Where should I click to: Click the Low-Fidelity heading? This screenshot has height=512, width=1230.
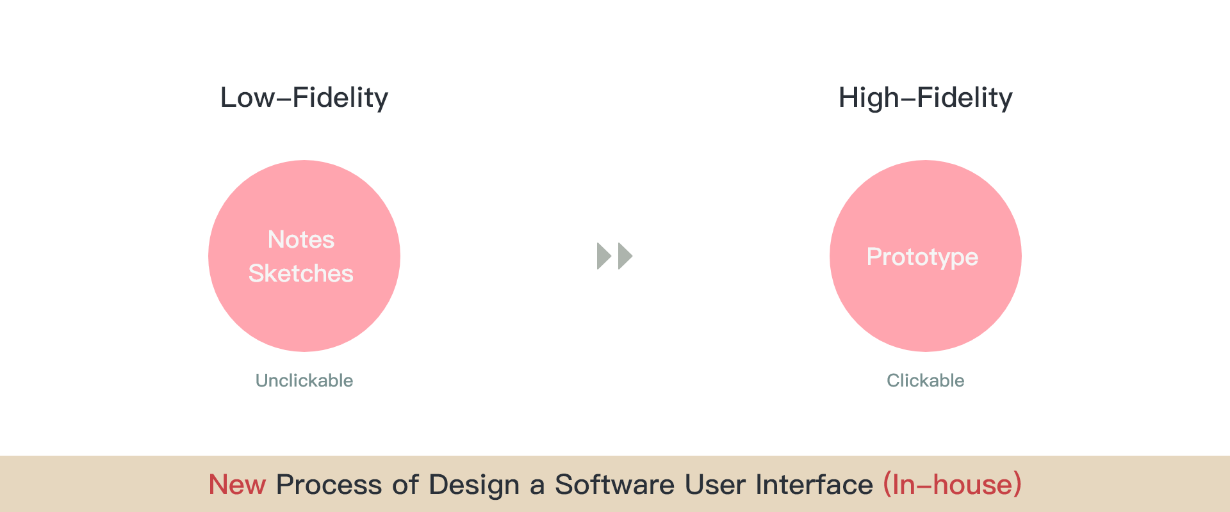pyautogui.click(x=304, y=98)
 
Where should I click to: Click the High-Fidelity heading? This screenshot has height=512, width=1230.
pyautogui.click(x=926, y=98)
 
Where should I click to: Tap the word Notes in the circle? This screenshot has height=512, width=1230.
pyautogui.click(x=301, y=239)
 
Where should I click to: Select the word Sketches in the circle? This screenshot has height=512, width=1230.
pyautogui.click(x=301, y=273)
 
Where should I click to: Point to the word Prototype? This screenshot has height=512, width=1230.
pyautogui.click(x=922, y=257)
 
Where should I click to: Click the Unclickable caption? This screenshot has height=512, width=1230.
pyautogui.click(x=304, y=380)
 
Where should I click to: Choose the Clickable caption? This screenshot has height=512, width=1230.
pyautogui.click(x=926, y=380)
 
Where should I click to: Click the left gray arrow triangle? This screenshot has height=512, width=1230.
pyautogui.click(x=603, y=256)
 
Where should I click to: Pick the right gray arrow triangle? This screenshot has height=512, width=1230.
pyautogui.click(x=625, y=256)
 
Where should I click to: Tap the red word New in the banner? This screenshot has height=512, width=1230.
pyautogui.click(x=237, y=484)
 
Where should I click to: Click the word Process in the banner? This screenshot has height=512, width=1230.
pyautogui.click(x=329, y=484)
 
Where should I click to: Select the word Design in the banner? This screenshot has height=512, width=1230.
pyautogui.click(x=474, y=485)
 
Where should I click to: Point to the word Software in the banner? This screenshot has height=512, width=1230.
pyautogui.click(x=614, y=484)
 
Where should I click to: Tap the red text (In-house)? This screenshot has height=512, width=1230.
pyautogui.click(x=953, y=484)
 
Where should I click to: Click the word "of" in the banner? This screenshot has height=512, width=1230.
pyautogui.click(x=406, y=484)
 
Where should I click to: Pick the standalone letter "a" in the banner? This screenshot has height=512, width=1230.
pyautogui.click(x=537, y=487)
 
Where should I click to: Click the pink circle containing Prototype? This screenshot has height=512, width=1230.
pyautogui.click(x=926, y=256)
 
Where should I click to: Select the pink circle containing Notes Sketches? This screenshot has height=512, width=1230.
pyautogui.click(x=304, y=256)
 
